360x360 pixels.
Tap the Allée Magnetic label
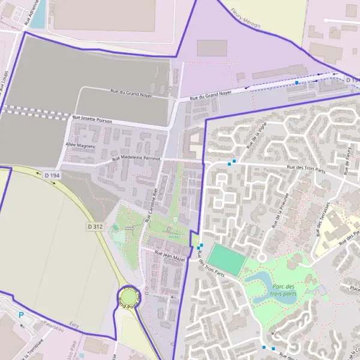pyautogui.click(x=80, y=145)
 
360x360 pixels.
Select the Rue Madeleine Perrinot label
pyautogui.click(x=141, y=157)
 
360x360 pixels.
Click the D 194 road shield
pyautogui.click(x=53, y=175)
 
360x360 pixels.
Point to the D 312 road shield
pyautogui.click(x=95, y=227)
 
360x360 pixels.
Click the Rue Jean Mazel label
pyautogui.click(x=170, y=255)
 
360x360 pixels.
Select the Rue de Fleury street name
pyautogui.click(x=349, y=160)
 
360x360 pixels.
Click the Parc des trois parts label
pyautogui.click(x=283, y=290)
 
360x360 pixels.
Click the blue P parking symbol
pyautogui.click(x=21, y=315)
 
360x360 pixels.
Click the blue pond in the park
pyautogui.click(x=260, y=285)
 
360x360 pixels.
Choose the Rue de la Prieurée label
pyautogui.click(x=281, y=211)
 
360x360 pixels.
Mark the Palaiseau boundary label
pyautogui.click(x=55, y=328)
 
